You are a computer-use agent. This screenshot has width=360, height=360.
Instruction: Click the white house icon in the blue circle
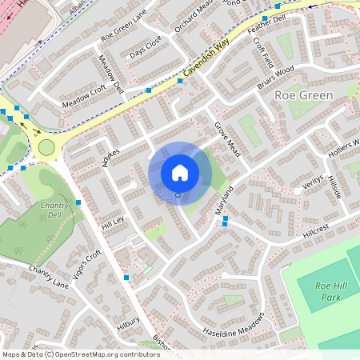click(180, 172)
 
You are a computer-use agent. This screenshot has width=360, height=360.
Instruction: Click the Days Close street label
click(146, 47)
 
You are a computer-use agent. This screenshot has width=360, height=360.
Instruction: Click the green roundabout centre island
click(46, 146)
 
